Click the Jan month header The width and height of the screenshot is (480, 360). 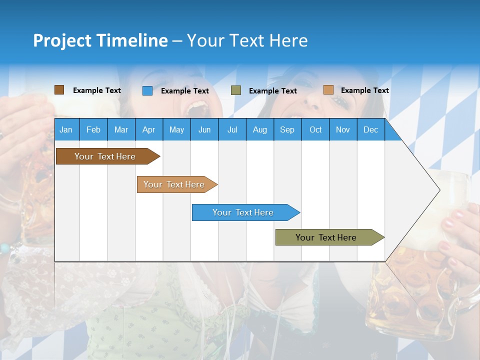click(x=66, y=130)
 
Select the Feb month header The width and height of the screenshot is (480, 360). click(x=93, y=130)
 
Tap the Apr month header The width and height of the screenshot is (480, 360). click(x=148, y=130)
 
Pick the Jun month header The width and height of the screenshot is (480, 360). click(x=204, y=130)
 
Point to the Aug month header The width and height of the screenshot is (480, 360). click(x=259, y=130)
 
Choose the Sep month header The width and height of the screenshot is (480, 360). click(x=287, y=130)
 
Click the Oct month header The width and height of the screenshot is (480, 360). click(x=315, y=130)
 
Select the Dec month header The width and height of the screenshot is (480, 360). click(x=370, y=130)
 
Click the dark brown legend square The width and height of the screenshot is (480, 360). click(x=59, y=90)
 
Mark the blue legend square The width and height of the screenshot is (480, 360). click(x=147, y=90)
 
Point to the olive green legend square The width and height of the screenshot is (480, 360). click(x=236, y=90)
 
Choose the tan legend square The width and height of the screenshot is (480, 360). click(x=328, y=90)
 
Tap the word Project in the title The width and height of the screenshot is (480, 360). click(x=62, y=40)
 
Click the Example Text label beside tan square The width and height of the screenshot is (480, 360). click(x=364, y=90)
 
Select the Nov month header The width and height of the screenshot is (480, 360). click(x=343, y=130)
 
